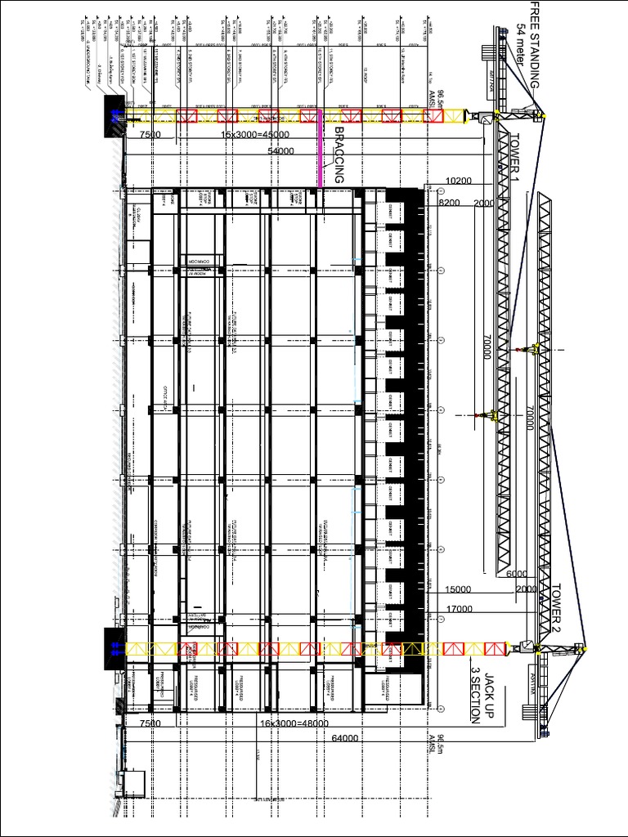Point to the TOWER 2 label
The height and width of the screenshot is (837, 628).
(557, 609)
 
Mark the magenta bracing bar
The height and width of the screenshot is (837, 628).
(319, 155)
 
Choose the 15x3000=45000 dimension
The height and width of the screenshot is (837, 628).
(256, 136)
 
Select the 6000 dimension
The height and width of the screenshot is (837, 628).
(516, 575)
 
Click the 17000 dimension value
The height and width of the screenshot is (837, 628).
(460, 609)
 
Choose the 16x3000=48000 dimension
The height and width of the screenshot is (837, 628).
(294, 723)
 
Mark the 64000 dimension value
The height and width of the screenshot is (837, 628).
(347, 739)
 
